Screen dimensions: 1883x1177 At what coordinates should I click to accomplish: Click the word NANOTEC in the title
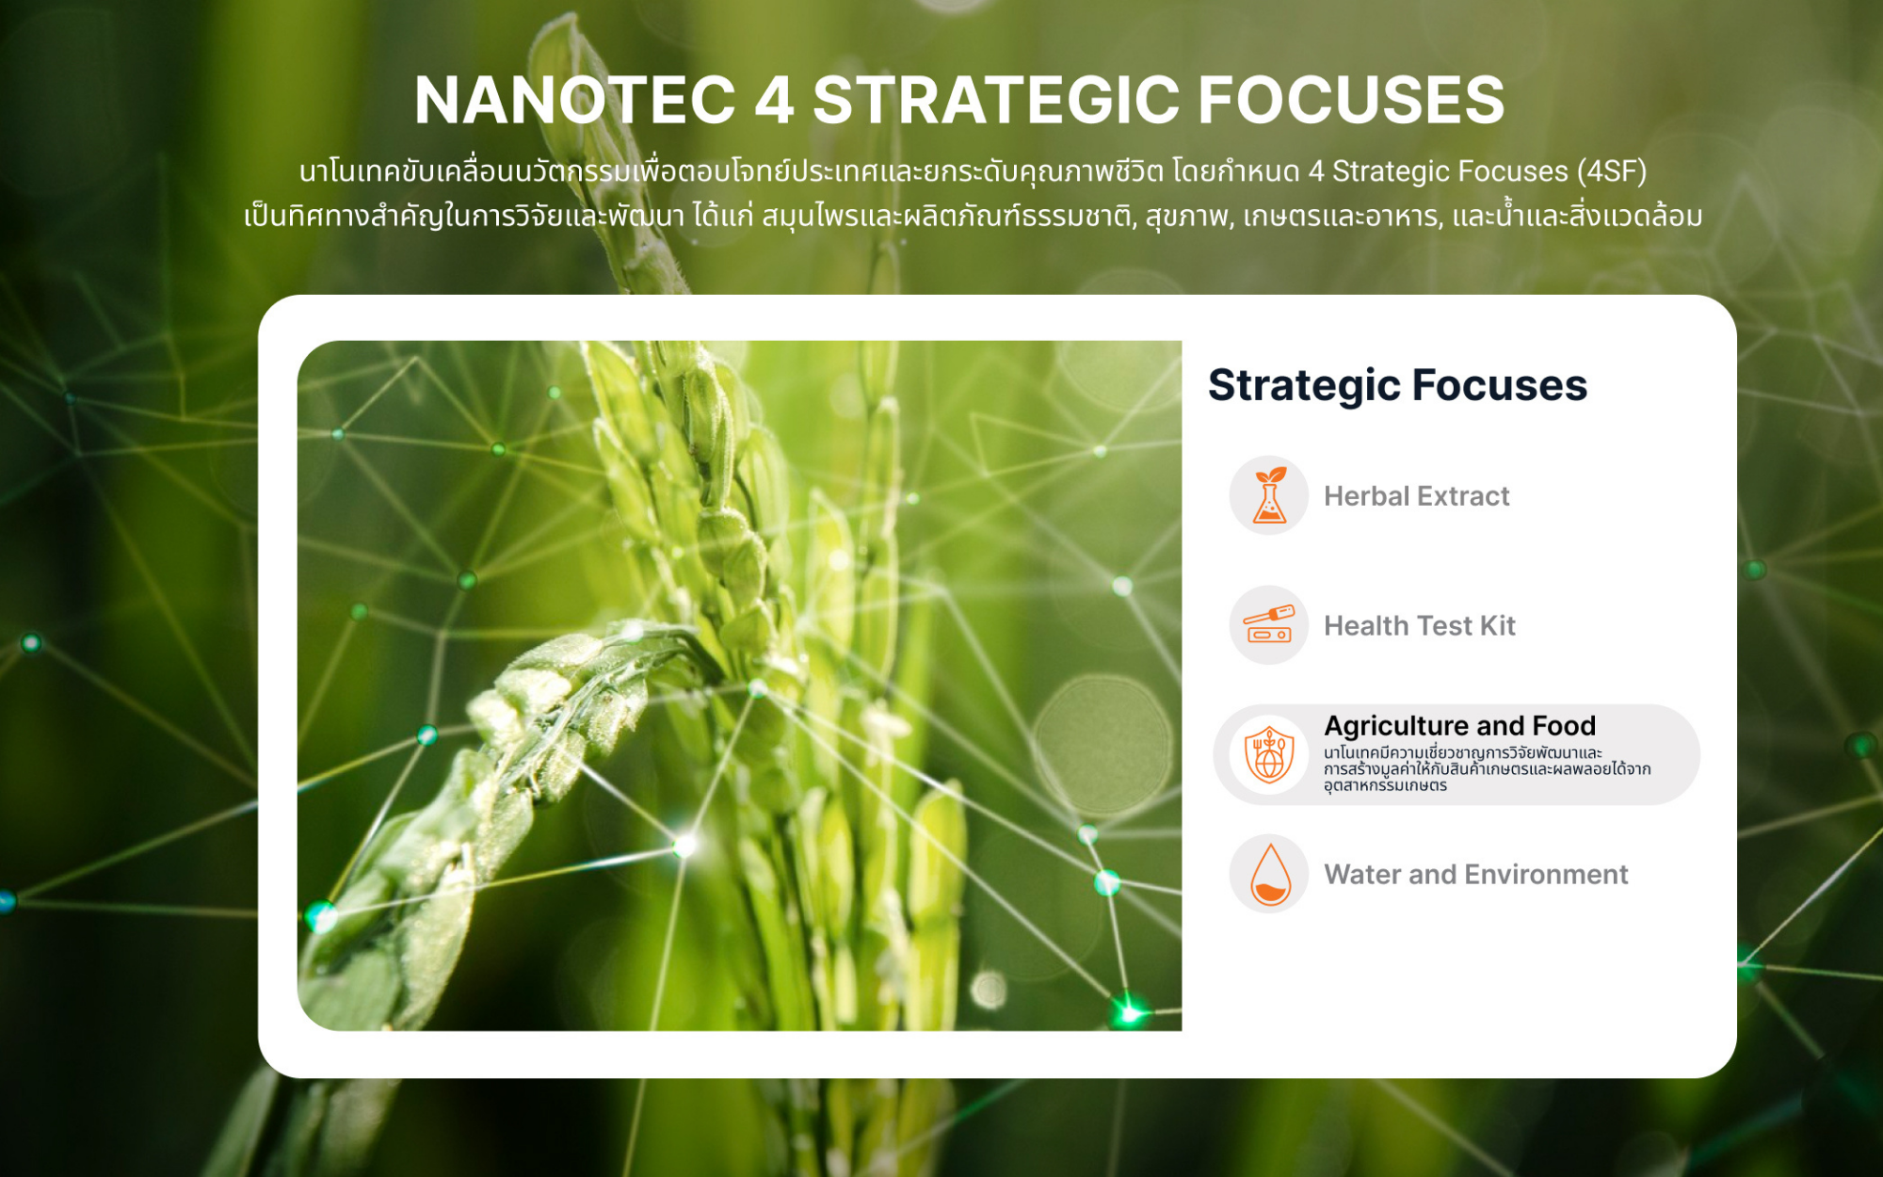coord(575,100)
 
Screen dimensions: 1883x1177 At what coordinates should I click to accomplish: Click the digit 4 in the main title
coord(775,100)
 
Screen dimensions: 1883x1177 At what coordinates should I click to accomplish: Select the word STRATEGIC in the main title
coord(996,100)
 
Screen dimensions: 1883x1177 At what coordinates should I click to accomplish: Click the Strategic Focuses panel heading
coord(1397,385)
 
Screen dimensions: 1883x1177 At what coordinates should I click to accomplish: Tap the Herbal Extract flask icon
coord(1269,495)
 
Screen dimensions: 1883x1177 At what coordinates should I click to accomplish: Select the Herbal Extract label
coord(1416,496)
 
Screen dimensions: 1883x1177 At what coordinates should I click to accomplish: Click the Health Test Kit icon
coord(1269,625)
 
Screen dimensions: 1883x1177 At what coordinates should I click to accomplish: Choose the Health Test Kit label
coord(1420,626)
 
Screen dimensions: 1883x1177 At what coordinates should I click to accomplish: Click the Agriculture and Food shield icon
coord(1269,754)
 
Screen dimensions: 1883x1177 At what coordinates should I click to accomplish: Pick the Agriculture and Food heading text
coord(1460,726)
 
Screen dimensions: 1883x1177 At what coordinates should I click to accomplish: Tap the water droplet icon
coord(1269,874)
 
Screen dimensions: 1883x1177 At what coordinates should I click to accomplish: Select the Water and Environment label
coord(1476,875)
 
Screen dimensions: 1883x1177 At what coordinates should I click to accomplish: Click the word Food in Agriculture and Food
coord(1564,726)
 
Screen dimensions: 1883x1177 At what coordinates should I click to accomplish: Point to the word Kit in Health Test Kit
coord(1498,626)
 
